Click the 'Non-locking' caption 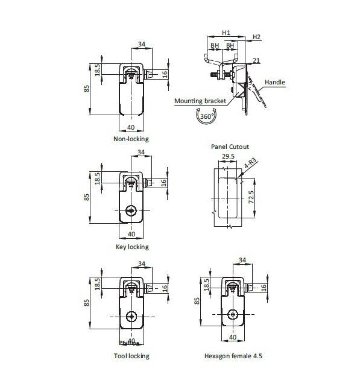coord(131,139)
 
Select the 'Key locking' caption coord(131,247)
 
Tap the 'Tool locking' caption coord(131,356)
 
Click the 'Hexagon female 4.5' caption coord(233,356)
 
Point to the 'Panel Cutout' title coord(230,147)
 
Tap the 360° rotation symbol coord(207,116)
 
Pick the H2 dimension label coord(256,37)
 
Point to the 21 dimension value coord(256,61)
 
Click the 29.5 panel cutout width coord(228,156)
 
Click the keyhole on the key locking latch coord(131,210)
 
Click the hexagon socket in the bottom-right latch coord(233,314)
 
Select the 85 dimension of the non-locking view coord(87,88)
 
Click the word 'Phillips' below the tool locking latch coord(128,343)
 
